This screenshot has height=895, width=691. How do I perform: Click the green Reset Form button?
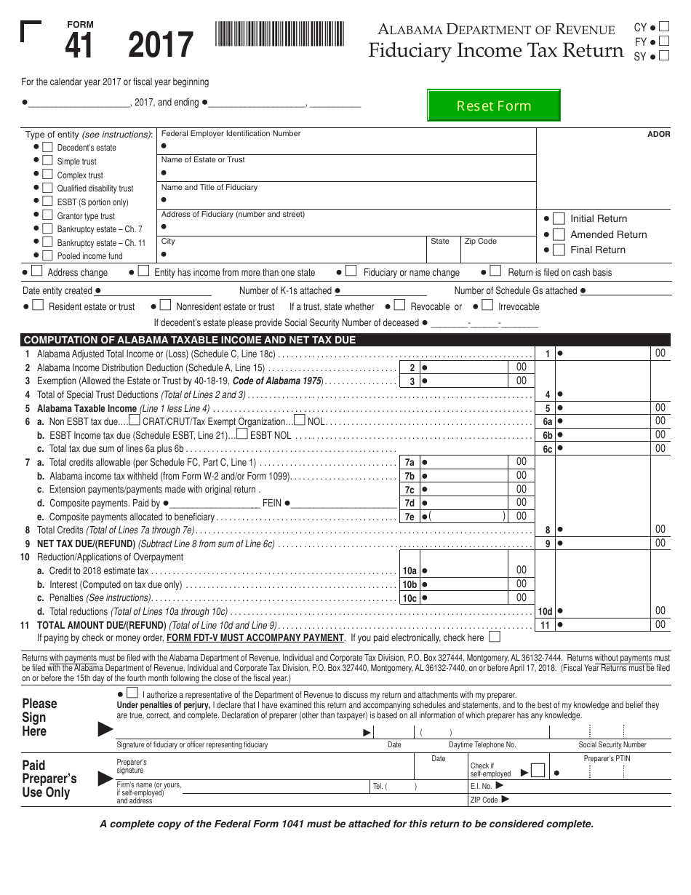pyautogui.click(x=493, y=106)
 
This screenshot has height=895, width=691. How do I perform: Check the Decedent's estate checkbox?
pyautogui.click(x=47, y=147)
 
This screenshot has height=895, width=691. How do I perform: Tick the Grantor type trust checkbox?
pyautogui.click(x=47, y=215)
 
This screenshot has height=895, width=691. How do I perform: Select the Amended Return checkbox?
pyautogui.click(x=559, y=234)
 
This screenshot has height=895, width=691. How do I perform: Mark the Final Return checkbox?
pyautogui.click(x=559, y=250)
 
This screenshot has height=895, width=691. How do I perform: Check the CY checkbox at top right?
pyautogui.click(x=663, y=28)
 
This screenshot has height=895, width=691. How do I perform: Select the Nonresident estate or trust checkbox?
pyautogui.click(x=165, y=306)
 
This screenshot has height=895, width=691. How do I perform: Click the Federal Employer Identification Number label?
pyautogui.click(x=231, y=134)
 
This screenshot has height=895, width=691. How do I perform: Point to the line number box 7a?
pyautogui.click(x=410, y=463)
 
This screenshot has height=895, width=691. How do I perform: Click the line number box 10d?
pyautogui.click(x=545, y=612)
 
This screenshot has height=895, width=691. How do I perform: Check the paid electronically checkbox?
pyautogui.click(x=495, y=637)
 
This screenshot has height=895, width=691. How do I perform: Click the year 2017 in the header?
pyautogui.click(x=161, y=46)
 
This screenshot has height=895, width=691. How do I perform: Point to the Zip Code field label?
pyautogui.click(x=481, y=242)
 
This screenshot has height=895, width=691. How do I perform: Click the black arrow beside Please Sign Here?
pyautogui.click(x=105, y=728)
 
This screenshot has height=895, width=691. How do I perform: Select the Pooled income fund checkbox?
pyautogui.click(x=47, y=255)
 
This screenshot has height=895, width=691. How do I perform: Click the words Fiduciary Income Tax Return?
pyautogui.click(x=495, y=51)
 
